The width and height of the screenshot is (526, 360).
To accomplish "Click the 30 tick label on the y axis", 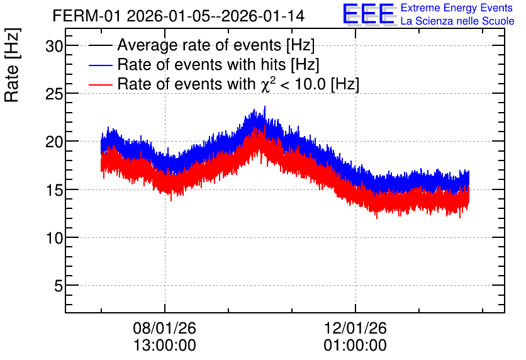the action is tap(54, 45).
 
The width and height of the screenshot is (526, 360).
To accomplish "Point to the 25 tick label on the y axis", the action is tap(54, 94).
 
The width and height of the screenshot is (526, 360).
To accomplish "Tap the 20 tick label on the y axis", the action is tap(54, 142).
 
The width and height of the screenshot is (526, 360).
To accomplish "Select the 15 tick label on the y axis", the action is tap(54, 189).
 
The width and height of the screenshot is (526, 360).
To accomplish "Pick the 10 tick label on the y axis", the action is tap(54, 237).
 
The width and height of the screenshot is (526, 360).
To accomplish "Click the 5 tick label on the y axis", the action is tap(59, 286).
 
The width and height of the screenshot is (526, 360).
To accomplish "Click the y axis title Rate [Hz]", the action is tap(12, 65).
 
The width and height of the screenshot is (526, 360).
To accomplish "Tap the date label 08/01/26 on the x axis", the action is tap(164, 328).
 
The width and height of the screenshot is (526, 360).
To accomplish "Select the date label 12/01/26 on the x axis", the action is tap(355, 328).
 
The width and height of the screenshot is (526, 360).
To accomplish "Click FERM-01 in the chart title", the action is tap(87, 16).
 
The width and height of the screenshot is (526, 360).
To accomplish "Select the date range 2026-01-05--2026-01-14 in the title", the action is tap(216, 16).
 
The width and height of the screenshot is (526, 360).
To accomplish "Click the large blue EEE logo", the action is tap(369, 14).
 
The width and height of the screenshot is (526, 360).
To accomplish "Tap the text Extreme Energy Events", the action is tap(457, 8).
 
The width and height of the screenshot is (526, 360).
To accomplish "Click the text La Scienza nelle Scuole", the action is tap(457, 21).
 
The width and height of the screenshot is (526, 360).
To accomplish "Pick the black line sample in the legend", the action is tap(100, 45).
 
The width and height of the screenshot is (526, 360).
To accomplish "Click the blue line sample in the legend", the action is tap(100, 65).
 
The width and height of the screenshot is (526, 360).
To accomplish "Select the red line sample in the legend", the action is tap(100, 84).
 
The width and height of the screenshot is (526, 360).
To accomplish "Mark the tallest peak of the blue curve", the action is tap(265, 107).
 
